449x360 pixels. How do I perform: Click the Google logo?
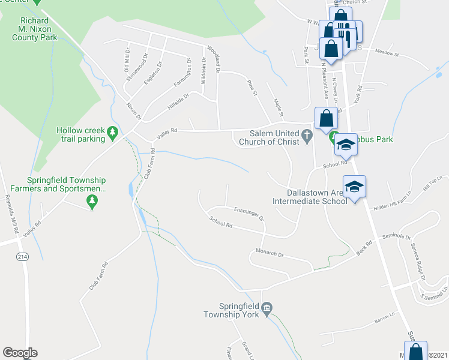20,353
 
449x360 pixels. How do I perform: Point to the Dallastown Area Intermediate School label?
310,197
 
